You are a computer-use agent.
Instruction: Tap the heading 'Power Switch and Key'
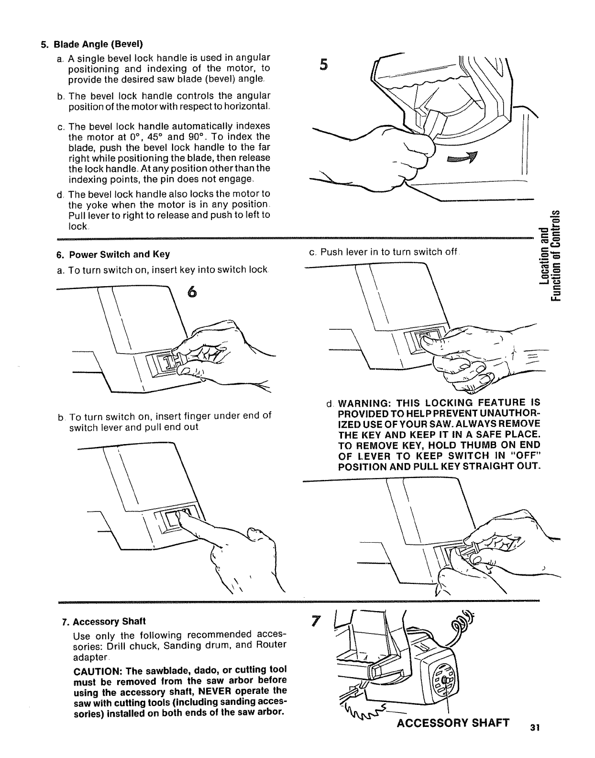coord(113,254)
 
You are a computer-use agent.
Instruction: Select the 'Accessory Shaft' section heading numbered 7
coord(103,622)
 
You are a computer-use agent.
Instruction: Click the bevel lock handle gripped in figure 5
coord(436,123)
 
